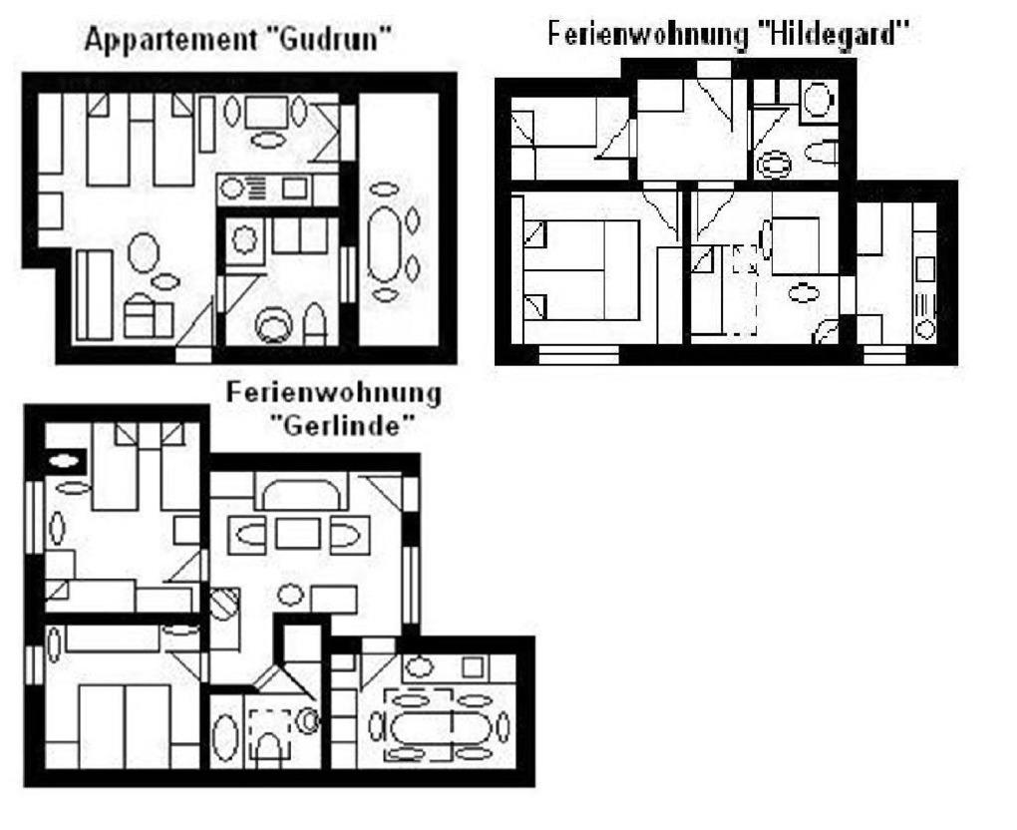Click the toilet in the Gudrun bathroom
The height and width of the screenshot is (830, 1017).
(315, 323)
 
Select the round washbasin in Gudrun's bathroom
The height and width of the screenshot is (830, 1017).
(271, 325)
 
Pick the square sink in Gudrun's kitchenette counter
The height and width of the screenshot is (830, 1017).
(294, 187)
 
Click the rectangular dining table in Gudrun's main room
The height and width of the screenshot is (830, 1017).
(266, 110)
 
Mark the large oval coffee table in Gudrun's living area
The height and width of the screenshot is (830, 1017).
(143, 251)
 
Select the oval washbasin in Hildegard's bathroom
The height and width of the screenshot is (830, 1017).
(773, 163)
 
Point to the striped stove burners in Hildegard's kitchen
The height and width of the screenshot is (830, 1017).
(924, 304)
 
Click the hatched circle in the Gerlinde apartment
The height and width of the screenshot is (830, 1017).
(224, 605)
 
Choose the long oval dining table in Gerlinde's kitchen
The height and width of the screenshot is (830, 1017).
(428, 726)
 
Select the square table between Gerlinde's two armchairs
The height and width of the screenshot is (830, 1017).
(297, 535)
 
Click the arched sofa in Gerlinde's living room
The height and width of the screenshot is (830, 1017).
(300, 492)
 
